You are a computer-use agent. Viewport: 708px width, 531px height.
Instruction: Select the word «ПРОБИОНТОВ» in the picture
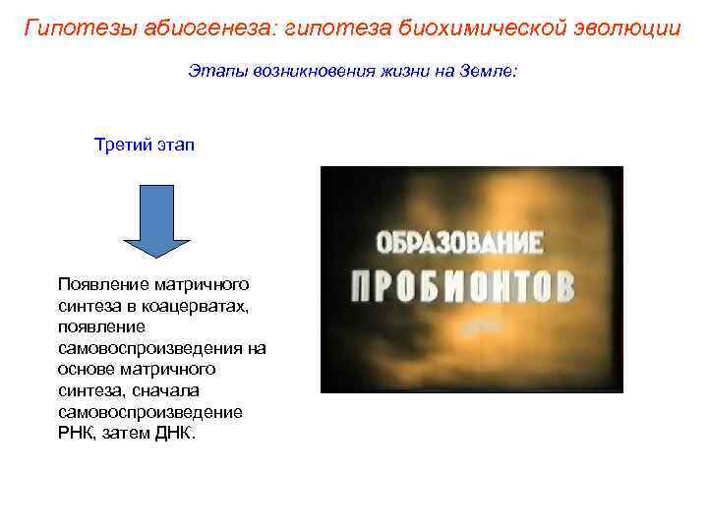click(x=462, y=284)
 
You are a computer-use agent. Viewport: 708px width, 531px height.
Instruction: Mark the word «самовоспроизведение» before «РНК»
click(x=149, y=412)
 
